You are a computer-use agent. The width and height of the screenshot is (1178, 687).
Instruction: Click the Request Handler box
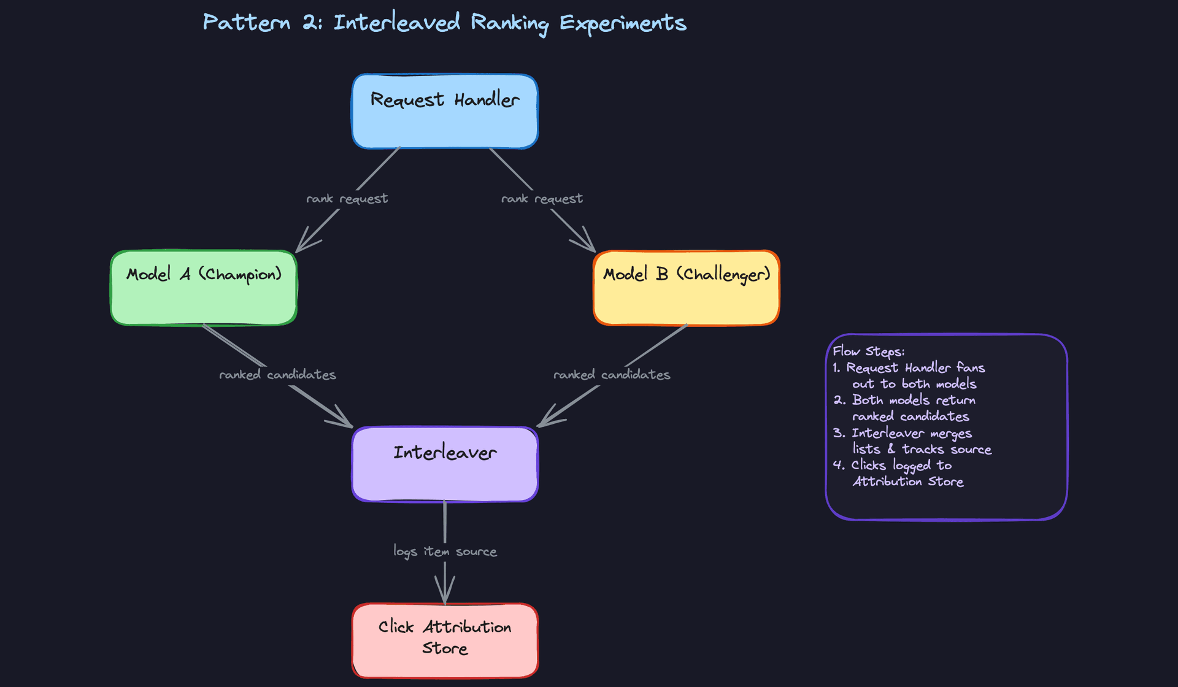[x=445, y=112]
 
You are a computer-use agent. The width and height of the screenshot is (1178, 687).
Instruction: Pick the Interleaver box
[x=445, y=464]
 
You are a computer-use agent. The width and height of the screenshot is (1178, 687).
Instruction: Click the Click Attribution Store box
[x=445, y=640]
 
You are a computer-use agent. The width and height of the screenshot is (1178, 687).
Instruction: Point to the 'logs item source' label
[x=445, y=551]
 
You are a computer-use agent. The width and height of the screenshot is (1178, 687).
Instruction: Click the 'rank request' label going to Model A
[x=347, y=199]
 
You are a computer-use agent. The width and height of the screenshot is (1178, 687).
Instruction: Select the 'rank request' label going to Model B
[x=542, y=199]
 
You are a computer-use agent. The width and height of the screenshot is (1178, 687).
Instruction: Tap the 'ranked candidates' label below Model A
[x=277, y=375]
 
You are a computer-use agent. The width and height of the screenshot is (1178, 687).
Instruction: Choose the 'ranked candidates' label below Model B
[x=612, y=375]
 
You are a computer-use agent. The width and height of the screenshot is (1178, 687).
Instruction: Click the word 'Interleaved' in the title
[x=396, y=23]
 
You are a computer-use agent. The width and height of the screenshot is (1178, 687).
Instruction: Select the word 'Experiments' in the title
[x=622, y=23]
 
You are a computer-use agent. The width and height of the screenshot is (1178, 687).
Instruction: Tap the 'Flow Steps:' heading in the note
[x=868, y=351]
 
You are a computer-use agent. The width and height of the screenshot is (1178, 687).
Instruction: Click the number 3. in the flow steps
[x=839, y=433]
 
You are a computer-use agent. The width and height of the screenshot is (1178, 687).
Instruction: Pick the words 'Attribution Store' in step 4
[x=908, y=482]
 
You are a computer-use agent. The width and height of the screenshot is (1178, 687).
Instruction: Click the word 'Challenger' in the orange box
[x=723, y=274]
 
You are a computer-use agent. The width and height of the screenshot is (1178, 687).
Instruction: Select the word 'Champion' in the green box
[x=240, y=274]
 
